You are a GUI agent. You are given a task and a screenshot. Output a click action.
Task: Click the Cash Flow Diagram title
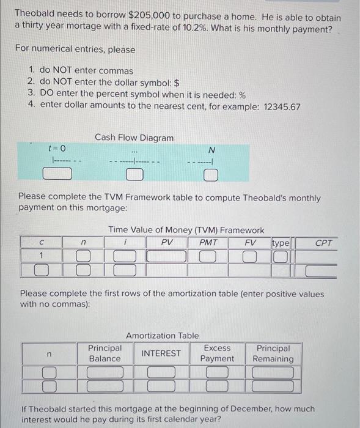(x=134, y=138)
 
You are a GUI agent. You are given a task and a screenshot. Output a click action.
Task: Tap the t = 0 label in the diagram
(x=57, y=149)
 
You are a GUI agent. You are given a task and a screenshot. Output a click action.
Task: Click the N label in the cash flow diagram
(x=211, y=150)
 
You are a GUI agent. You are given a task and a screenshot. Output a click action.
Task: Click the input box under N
(x=210, y=176)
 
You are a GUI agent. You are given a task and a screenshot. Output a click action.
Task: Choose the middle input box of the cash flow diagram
(x=134, y=176)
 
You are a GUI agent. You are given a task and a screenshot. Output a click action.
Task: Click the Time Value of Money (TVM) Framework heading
(x=186, y=230)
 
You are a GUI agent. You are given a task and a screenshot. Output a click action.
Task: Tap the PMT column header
(x=208, y=242)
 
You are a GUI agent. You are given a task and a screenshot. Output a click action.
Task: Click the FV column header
(x=249, y=242)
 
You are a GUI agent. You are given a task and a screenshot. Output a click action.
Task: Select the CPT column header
(x=324, y=243)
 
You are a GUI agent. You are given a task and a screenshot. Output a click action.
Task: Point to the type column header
(x=281, y=243)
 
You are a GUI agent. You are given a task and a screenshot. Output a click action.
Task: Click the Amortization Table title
(x=162, y=335)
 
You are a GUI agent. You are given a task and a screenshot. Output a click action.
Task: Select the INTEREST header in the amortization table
(x=161, y=353)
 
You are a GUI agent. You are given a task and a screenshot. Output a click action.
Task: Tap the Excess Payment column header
(x=217, y=353)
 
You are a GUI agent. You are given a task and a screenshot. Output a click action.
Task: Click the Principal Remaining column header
(x=273, y=353)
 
